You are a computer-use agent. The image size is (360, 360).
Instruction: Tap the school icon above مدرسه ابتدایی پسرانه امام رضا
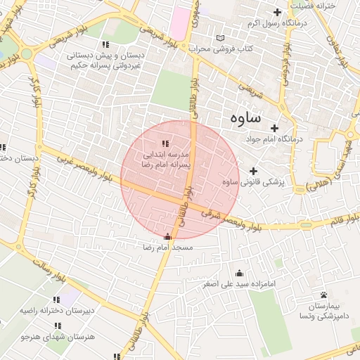[x=166, y=143]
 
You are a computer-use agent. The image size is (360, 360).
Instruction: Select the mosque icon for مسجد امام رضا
[x=167, y=237]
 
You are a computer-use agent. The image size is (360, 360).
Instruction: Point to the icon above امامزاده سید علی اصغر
[x=239, y=273]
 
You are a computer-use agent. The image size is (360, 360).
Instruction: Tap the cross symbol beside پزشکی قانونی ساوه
[x=254, y=171]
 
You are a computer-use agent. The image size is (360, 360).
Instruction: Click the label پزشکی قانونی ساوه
[x=251, y=182]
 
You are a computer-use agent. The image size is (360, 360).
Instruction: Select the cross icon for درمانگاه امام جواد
[x=274, y=128]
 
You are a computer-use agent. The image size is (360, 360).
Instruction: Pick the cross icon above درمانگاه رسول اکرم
[x=278, y=12]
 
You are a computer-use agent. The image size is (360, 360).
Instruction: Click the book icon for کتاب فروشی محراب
[x=222, y=38]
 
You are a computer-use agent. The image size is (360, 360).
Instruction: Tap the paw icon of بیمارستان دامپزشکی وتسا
[x=323, y=295]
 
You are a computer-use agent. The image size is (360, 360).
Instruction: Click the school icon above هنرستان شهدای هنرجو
[x=58, y=326]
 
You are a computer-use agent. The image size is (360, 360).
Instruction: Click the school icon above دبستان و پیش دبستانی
[x=105, y=44]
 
